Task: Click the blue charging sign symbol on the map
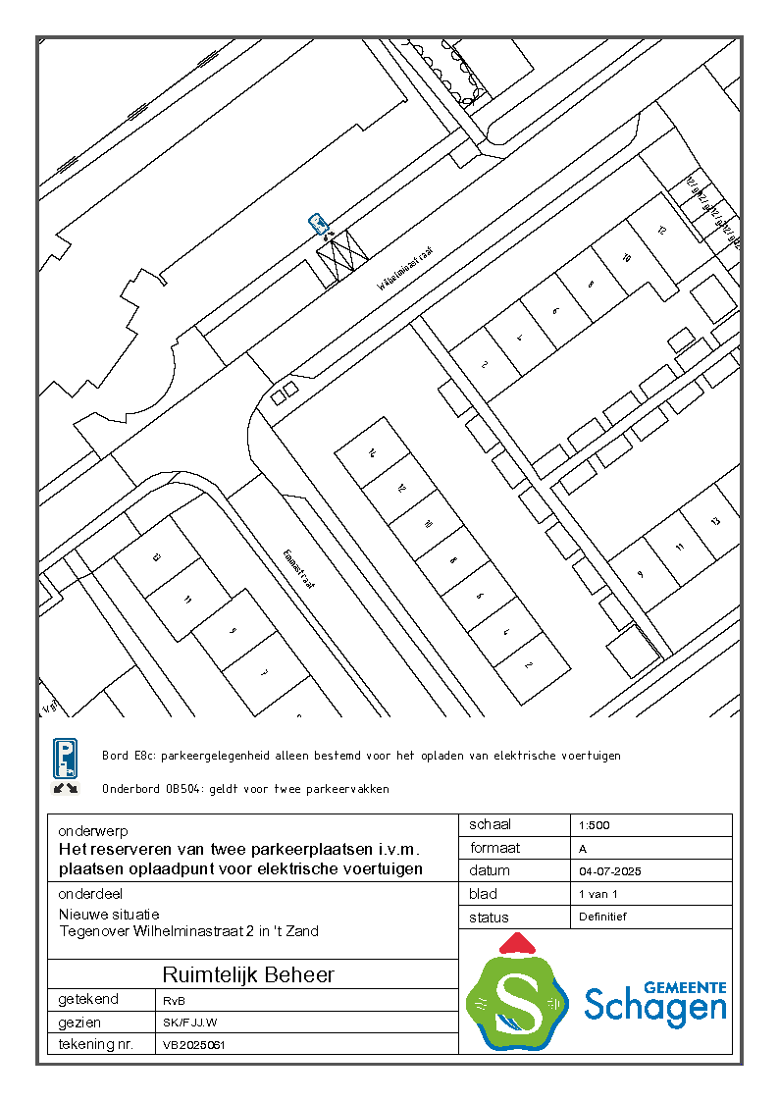click(x=318, y=224)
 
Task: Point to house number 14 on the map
click(x=373, y=453)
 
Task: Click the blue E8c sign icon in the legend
click(x=65, y=759)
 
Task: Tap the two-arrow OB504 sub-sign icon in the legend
click(x=65, y=788)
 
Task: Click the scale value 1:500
click(x=595, y=825)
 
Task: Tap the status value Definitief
click(x=602, y=917)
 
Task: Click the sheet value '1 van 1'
click(x=598, y=894)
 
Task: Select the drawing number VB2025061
click(x=194, y=1046)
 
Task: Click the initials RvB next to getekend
click(x=174, y=1000)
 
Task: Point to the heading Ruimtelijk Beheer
click(x=248, y=974)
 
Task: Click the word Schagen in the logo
click(x=655, y=1006)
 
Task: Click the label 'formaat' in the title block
click(x=494, y=848)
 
